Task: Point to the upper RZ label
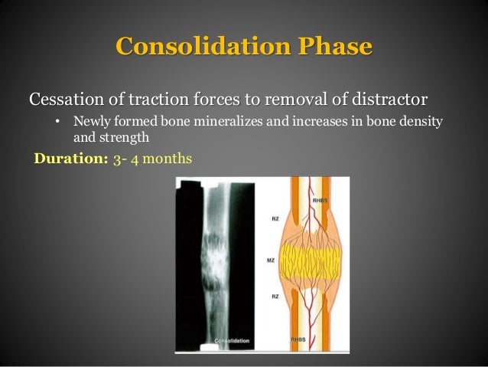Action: click(273, 218)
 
